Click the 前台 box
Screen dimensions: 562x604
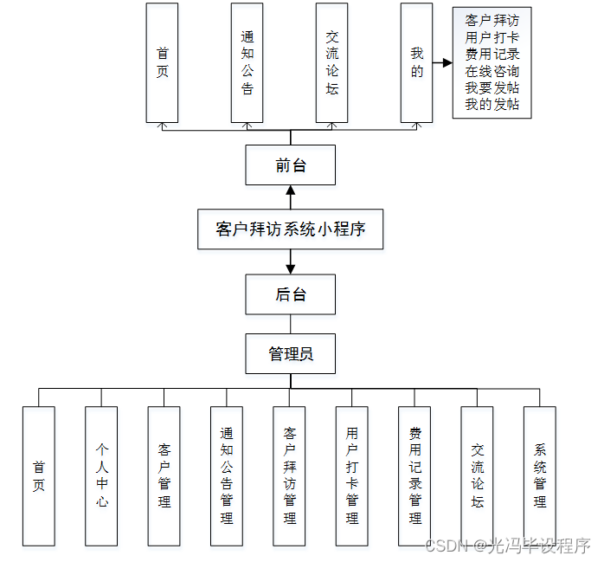(x=291, y=165)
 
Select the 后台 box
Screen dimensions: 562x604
(x=291, y=294)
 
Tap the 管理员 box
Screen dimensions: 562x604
(x=291, y=353)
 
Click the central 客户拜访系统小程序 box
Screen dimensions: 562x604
(x=290, y=229)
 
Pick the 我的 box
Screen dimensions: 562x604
(x=417, y=62)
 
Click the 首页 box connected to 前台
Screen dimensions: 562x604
(x=162, y=62)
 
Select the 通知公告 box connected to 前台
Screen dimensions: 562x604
(x=247, y=62)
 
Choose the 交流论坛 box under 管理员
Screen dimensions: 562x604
(x=477, y=475)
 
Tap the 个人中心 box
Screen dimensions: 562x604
(x=101, y=475)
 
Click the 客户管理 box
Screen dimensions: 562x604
(x=164, y=475)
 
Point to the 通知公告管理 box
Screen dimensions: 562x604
(x=227, y=475)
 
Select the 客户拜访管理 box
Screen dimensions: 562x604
(x=289, y=475)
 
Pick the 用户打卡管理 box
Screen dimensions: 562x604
(x=352, y=475)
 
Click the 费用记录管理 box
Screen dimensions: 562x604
(x=414, y=475)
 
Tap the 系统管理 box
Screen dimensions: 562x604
(x=540, y=475)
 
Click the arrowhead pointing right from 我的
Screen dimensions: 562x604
(x=447, y=62)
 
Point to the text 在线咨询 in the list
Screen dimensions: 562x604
(x=492, y=71)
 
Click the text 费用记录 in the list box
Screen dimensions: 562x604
(x=492, y=55)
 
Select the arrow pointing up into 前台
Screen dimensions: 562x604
(x=291, y=191)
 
